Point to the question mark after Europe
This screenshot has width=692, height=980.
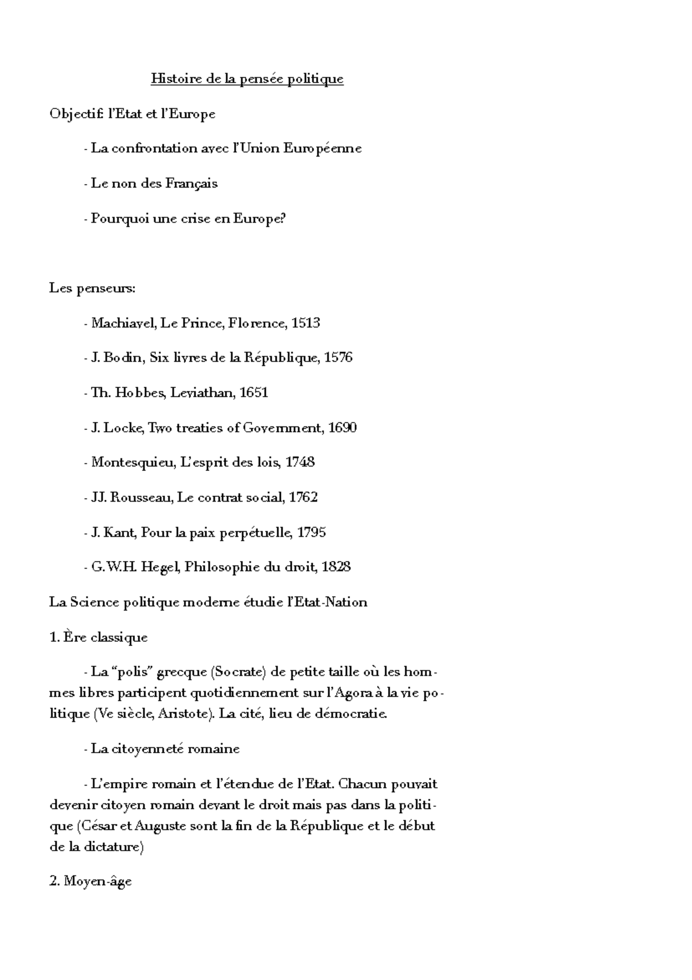tap(283, 219)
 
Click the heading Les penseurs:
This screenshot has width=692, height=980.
tap(92, 288)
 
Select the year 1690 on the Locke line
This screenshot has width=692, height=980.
tap(342, 428)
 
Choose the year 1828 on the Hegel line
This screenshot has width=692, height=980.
tap(336, 567)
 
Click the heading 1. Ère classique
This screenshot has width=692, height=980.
tap(99, 637)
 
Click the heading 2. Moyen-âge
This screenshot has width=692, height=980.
tap(91, 882)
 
